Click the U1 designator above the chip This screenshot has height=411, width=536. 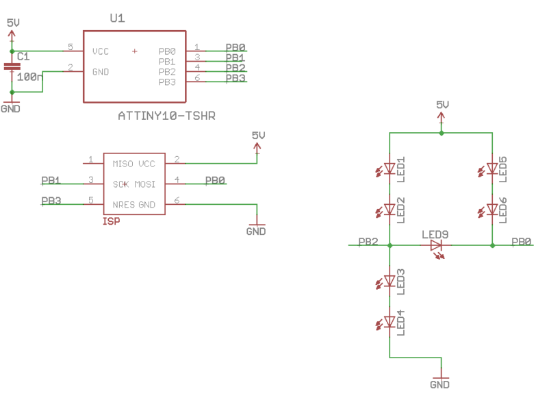117,19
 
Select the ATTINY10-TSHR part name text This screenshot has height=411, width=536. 166,116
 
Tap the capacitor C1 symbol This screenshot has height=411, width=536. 12,67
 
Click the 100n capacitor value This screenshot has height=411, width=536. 29,77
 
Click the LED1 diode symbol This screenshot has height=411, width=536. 390,168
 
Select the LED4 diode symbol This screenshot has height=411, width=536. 390,322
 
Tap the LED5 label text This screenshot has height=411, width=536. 503,169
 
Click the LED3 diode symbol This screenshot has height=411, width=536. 390,281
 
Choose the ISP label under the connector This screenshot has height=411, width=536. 111,221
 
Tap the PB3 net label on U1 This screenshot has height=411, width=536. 235,78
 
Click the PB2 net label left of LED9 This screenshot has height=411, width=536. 368,242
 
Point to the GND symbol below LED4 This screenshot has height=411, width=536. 440,380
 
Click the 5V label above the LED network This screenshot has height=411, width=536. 442,105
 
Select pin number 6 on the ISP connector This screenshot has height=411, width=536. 177,201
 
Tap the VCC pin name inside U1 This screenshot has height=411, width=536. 101,51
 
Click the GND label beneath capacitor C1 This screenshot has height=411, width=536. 11,109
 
